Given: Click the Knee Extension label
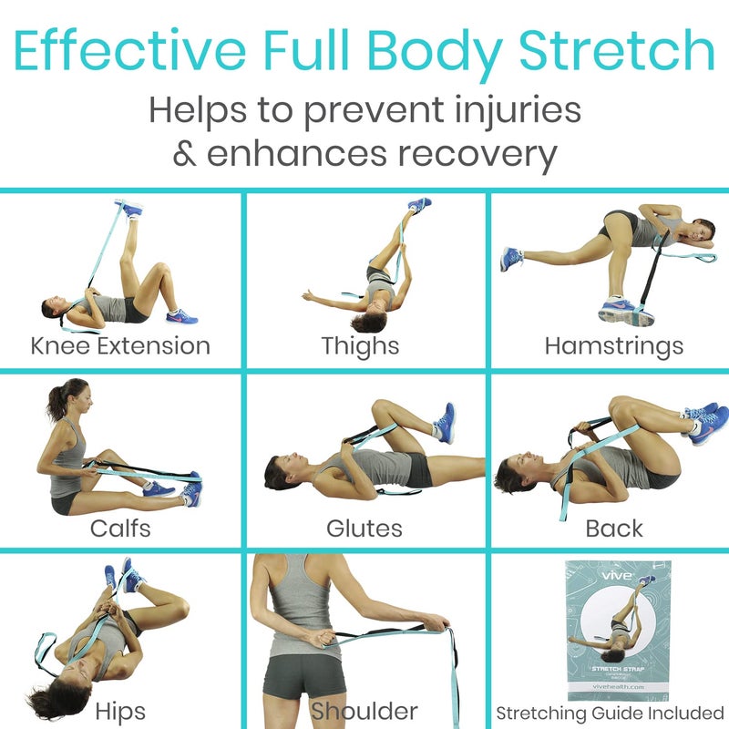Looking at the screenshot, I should [x=120, y=346].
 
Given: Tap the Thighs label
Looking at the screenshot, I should [x=360, y=346].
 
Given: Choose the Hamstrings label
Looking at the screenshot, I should [x=613, y=346].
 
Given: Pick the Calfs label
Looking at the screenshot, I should [x=120, y=529].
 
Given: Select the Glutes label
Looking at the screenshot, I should [x=364, y=529].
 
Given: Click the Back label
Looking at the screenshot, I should [x=614, y=529].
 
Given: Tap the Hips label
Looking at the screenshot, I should [x=119, y=709].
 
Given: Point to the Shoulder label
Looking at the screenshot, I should [x=364, y=709].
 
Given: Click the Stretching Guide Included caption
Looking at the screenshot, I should [x=611, y=712].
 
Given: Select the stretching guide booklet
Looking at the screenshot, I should [x=610, y=628].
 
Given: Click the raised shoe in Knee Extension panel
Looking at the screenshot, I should [x=130, y=209].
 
